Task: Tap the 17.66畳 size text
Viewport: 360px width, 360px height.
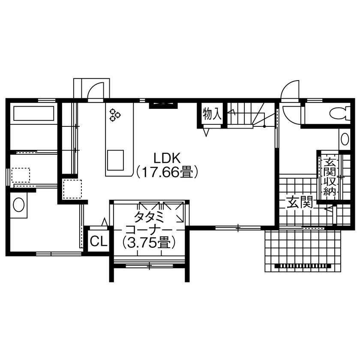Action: (167, 172)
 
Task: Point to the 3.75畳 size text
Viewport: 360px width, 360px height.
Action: (149, 243)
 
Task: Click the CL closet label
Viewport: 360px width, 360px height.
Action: (98, 242)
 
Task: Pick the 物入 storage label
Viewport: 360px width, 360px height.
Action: (212, 114)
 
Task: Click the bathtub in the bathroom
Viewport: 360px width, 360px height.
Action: (34, 114)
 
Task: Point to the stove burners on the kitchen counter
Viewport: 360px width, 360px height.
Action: (115, 115)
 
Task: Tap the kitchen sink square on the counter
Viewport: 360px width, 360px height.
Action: (116, 160)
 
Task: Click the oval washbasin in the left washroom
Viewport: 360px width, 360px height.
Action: (19, 204)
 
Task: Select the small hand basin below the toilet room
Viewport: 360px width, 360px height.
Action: (344, 139)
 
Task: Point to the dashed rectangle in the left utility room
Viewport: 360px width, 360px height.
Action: (21, 175)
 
